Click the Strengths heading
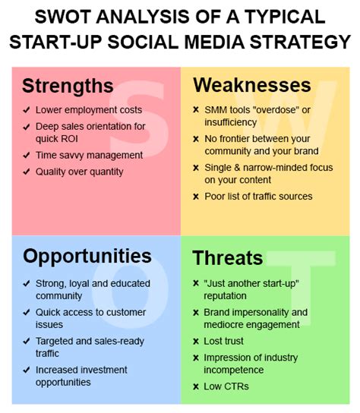68,86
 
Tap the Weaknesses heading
252,85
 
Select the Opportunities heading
87,257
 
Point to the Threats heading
227,257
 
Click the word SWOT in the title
63,17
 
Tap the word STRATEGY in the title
300,42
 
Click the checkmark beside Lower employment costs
27,109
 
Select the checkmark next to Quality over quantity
27,172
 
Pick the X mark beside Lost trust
196,342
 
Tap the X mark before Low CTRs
196,386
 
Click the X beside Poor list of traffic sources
196,197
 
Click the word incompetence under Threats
233,370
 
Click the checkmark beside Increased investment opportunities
27,370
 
